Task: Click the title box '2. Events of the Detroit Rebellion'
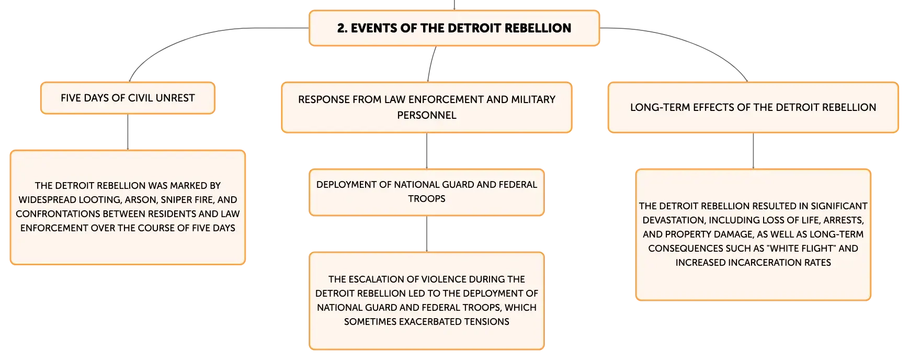[x=454, y=28]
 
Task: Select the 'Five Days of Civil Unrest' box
[x=128, y=98]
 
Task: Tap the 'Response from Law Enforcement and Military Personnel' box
[x=427, y=107]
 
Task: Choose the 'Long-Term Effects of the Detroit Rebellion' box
[x=753, y=107]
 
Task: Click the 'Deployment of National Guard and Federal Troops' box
[x=427, y=192]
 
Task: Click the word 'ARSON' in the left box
[x=140, y=200]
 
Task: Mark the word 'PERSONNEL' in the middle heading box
[x=427, y=115]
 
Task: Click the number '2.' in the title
[x=342, y=28]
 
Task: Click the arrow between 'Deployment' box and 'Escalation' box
[x=427, y=234]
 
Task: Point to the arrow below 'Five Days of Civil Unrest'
[x=128, y=132]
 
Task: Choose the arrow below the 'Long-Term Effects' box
[x=753, y=151]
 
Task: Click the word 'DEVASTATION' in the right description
[x=672, y=220]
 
